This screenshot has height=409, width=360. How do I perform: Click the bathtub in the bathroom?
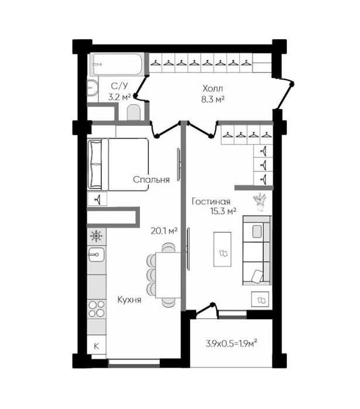click(x=117, y=64)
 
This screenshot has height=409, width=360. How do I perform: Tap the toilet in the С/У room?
click(x=134, y=112)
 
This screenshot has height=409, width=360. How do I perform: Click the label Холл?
click(x=213, y=89)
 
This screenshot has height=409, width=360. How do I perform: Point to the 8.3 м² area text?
click(x=213, y=99)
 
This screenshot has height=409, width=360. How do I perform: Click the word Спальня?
click(x=151, y=180)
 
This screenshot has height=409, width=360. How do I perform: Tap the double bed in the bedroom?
click(x=118, y=164)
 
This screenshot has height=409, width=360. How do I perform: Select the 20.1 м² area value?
click(x=164, y=231)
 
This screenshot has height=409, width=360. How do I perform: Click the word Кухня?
click(x=129, y=300)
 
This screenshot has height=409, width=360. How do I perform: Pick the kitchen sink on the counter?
click(x=96, y=255)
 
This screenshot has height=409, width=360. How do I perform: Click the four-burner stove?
click(x=97, y=309)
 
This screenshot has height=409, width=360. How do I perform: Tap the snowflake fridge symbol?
click(x=96, y=236)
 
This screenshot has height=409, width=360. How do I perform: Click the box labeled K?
click(x=97, y=346)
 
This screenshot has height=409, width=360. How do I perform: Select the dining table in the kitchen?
click(x=168, y=275)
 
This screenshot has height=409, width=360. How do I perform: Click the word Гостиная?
click(x=211, y=202)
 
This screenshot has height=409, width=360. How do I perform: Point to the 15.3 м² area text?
click(x=223, y=211)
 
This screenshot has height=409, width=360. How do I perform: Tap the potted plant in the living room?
click(x=260, y=202)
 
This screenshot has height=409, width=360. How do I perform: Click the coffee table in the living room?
click(x=222, y=249)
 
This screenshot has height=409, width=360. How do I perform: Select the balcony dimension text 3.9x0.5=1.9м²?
click(x=231, y=343)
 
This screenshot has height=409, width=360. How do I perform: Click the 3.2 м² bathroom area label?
click(x=119, y=98)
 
